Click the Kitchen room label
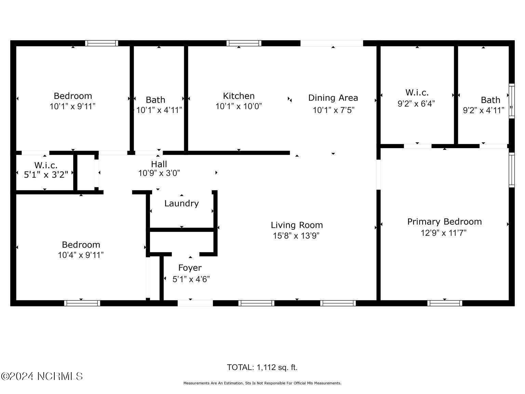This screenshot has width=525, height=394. (x=239, y=96)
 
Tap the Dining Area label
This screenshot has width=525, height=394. (x=333, y=98)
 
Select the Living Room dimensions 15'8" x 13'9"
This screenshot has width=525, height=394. (x=296, y=236)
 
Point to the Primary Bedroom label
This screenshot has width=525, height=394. (x=444, y=222)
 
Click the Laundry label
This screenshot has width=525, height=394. (x=181, y=203)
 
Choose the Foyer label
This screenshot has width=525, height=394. (x=190, y=268)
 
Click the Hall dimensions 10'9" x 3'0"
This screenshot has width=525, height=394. (x=159, y=173)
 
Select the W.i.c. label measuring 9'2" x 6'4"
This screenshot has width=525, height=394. (x=417, y=92)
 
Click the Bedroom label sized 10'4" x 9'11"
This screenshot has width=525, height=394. (x=81, y=245)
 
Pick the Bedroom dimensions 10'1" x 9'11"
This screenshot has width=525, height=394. (x=72, y=106)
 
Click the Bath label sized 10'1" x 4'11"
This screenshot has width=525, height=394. (x=156, y=100)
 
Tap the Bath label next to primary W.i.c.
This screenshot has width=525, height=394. (x=490, y=100)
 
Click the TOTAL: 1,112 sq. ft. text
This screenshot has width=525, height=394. (x=262, y=367)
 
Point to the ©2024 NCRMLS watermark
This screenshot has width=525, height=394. (x=42, y=376)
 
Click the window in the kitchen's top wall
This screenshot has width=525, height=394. (x=244, y=43)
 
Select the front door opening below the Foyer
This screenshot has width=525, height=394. (x=195, y=303)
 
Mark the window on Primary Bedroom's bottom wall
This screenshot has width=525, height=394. (x=444, y=303)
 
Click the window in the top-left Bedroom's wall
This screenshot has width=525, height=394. (x=102, y=43)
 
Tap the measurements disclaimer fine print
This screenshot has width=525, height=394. (x=262, y=383)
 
